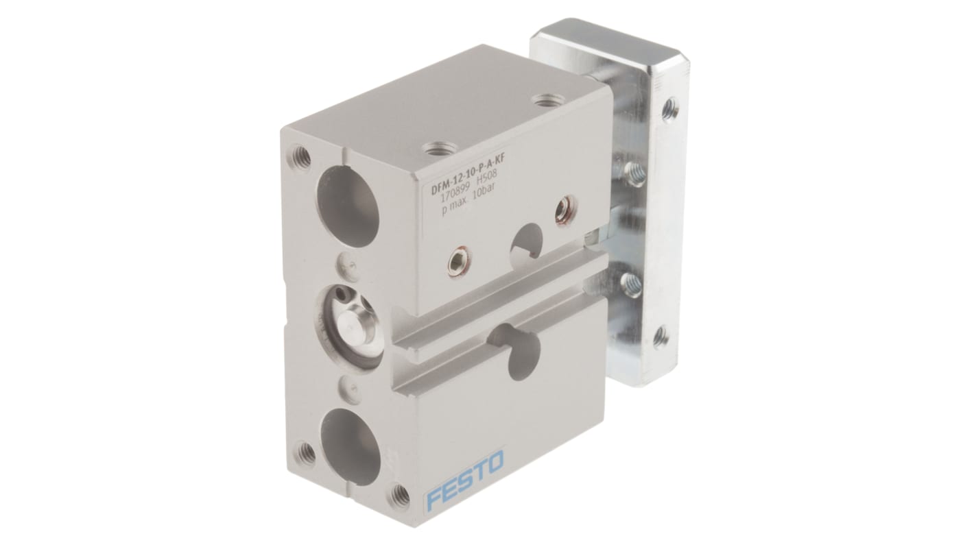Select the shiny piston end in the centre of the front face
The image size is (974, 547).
(x=349, y=323)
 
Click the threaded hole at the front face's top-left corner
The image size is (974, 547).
(x=300, y=156)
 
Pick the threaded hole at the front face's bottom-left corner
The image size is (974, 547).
(x=307, y=453)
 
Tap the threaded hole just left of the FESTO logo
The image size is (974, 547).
(x=399, y=494)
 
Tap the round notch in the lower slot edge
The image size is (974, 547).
(x=514, y=342)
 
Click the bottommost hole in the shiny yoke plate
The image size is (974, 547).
(x=661, y=336)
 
